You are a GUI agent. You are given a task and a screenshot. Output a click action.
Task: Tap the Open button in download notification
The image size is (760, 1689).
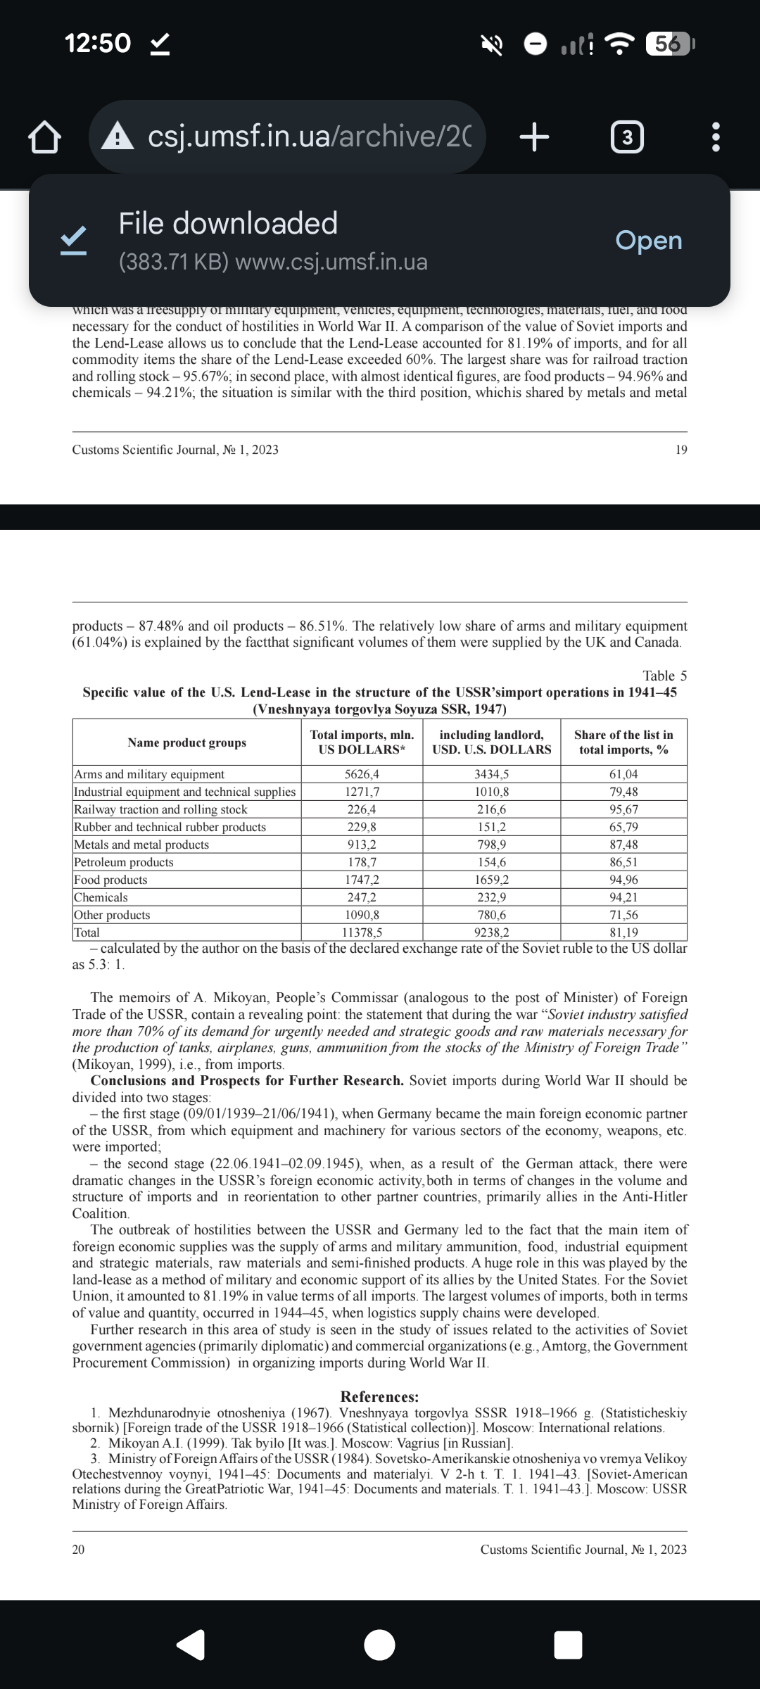click(x=648, y=241)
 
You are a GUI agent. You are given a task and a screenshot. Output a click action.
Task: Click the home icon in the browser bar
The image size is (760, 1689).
click(x=44, y=137)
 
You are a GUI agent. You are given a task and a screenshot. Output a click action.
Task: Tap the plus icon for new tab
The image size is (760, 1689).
click(x=534, y=137)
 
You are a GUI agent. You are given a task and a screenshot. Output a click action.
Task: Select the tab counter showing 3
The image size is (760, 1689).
click(x=627, y=138)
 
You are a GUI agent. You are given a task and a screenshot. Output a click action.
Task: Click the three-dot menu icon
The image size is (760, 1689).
click(x=716, y=138)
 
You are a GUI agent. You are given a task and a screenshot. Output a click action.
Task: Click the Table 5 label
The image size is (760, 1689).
click(x=664, y=676)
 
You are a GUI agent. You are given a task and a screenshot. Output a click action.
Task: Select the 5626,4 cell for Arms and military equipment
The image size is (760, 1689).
click(x=362, y=774)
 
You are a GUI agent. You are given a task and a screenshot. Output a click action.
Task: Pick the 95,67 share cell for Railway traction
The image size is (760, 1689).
click(x=623, y=809)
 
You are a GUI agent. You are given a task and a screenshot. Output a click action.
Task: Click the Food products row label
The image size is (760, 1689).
click(x=111, y=880)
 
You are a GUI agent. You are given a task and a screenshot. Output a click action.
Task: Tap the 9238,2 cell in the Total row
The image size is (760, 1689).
click(x=491, y=932)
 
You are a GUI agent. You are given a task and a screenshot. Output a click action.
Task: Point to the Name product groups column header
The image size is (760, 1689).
click(x=187, y=742)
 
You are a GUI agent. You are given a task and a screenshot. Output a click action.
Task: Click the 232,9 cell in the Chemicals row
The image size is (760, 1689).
click(x=491, y=897)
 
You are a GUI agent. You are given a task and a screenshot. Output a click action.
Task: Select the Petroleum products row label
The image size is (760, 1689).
click(x=124, y=862)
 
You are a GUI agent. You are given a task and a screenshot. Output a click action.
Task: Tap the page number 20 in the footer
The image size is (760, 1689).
click(x=78, y=1549)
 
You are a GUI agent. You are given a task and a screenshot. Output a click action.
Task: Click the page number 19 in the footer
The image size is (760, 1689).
click(x=680, y=450)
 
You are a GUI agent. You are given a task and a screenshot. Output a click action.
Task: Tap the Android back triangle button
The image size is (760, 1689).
click(x=191, y=1645)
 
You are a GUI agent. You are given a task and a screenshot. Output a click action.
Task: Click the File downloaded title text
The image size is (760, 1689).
click(x=228, y=224)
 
